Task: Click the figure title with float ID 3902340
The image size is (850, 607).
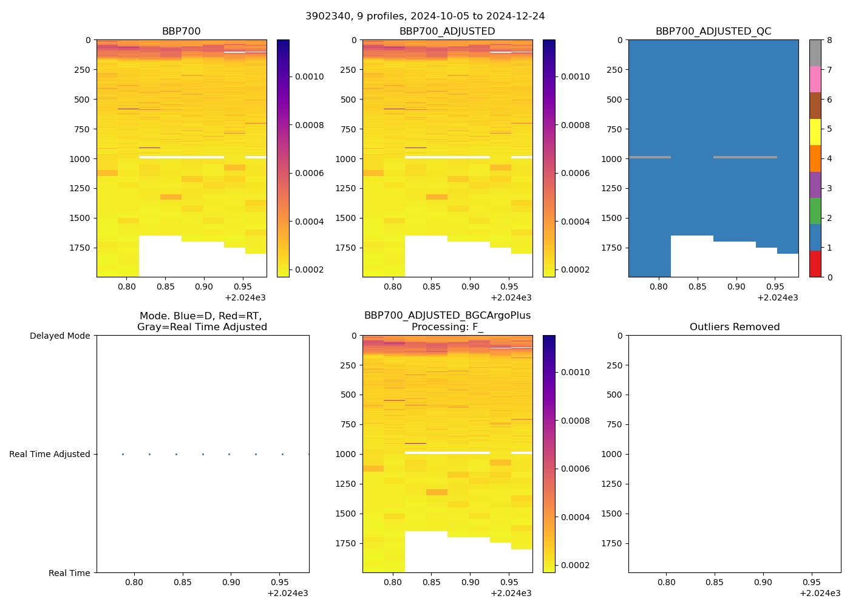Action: coord(425,16)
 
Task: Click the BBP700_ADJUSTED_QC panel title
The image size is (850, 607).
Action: coord(713,32)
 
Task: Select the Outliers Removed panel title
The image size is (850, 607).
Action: coord(735,327)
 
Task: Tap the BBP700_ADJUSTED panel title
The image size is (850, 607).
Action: coord(447,32)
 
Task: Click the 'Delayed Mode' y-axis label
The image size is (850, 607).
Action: coord(59,336)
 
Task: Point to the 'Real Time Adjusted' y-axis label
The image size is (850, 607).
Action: coord(50,454)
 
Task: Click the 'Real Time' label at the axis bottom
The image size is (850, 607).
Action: coord(69,573)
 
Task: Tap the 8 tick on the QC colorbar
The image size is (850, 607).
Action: coord(829,40)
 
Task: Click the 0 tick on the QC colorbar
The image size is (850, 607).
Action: coord(829,277)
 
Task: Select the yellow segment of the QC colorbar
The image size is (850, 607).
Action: coord(815,132)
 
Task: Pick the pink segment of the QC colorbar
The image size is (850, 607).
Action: coord(815,79)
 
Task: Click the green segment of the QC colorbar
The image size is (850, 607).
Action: coord(815,211)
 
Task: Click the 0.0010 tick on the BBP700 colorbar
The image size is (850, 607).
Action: coord(309,76)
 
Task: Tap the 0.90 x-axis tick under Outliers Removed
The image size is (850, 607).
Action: coord(763,582)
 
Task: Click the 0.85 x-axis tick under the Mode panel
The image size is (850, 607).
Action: coord(182,582)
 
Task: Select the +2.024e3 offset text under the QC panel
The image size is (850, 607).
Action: coord(777,297)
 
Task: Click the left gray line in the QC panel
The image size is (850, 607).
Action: coord(650,157)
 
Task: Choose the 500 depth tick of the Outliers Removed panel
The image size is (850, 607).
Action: coord(615,395)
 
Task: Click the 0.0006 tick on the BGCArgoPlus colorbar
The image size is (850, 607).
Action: coord(575,469)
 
